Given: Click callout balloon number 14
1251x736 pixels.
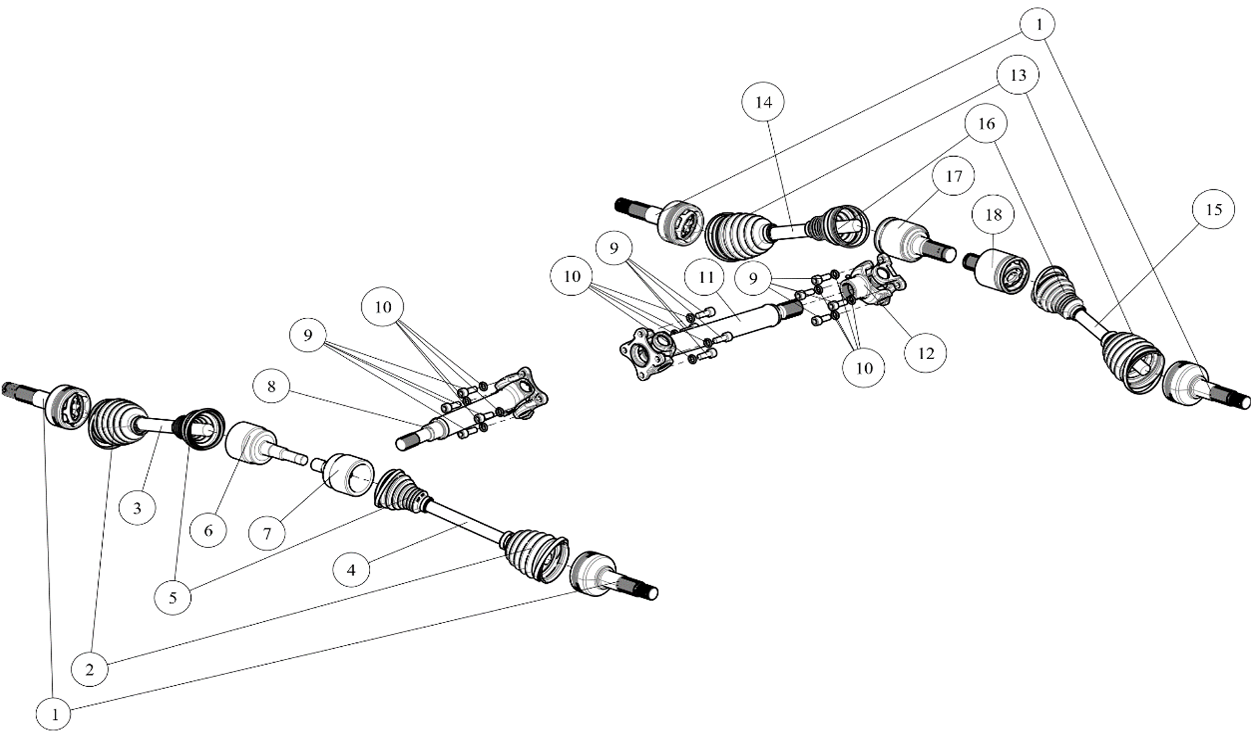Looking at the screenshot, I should pyautogui.click(x=763, y=102).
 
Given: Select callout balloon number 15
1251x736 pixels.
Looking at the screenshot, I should pyautogui.click(x=1213, y=210).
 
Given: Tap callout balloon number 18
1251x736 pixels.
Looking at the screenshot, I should pyautogui.click(x=993, y=215).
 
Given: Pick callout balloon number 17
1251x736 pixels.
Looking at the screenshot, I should pyautogui.click(x=954, y=176).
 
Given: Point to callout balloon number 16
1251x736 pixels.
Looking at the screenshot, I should pyautogui.click(x=985, y=124).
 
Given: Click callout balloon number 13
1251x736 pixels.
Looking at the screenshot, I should pyautogui.click(x=1018, y=75).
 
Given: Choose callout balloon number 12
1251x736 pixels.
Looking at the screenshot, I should pyautogui.click(x=925, y=353).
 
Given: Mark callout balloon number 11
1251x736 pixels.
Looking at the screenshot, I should pyautogui.click(x=706, y=278).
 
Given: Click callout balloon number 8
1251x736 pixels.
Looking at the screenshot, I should pyautogui.click(x=271, y=387).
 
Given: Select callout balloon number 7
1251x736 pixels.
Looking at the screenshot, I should pyautogui.click(x=267, y=534).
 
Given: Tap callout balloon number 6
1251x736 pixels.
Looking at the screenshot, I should pyautogui.click(x=208, y=530).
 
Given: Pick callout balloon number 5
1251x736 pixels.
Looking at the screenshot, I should pyautogui.click(x=173, y=598).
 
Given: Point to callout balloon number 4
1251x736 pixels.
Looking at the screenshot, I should pyautogui.click(x=351, y=570).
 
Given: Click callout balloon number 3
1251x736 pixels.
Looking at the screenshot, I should pyautogui.click(x=137, y=509).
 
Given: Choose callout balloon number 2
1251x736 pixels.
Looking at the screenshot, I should pyautogui.click(x=89, y=670).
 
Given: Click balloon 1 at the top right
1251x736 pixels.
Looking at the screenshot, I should pyautogui.click(x=1038, y=25).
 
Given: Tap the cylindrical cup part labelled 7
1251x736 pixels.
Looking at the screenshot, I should pyautogui.click(x=348, y=473).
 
